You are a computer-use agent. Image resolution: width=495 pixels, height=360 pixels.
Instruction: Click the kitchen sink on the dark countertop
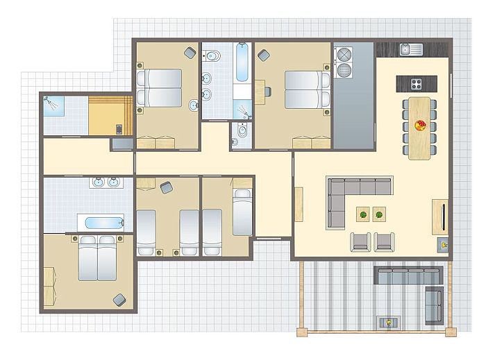click(414, 49)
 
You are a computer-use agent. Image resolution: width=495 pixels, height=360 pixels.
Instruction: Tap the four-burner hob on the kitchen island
click(416, 84)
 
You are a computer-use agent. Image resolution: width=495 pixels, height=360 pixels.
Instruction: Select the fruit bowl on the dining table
click(420, 126)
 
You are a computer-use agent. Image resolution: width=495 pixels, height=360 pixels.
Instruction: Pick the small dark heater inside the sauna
click(119, 128)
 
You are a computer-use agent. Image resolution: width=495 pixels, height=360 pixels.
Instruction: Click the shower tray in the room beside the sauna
click(54, 105)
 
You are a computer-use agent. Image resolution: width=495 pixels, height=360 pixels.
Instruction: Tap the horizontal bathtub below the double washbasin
click(100, 223)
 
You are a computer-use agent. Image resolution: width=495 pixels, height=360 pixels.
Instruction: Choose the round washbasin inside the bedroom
click(192, 105)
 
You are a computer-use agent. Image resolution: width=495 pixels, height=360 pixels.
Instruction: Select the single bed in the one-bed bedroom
click(242, 212)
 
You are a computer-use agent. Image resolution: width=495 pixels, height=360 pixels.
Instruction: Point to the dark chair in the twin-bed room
click(165, 187)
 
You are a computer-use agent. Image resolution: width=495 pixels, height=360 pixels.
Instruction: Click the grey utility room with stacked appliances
click(353, 97)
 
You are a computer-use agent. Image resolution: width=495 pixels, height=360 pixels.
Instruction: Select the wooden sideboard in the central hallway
click(299, 204)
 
